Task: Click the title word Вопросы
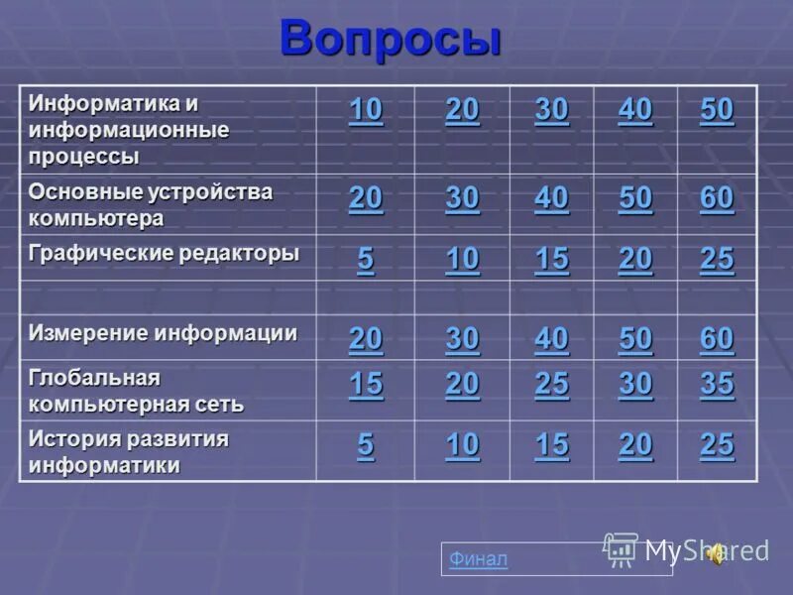(390, 39)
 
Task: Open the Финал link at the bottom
(478, 559)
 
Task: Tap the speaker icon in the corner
(715, 554)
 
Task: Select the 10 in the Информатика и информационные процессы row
(365, 110)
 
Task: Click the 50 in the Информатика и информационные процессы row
(717, 110)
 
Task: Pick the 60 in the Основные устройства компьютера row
(717, 199)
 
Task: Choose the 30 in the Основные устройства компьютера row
(462, 199)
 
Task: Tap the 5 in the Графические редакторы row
(366, 260)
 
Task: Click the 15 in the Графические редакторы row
(551, 260)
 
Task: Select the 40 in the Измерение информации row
(551, 339)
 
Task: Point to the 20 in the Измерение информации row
(365, 339)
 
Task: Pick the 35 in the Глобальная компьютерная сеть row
(717, 384)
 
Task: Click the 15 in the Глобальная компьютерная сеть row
(365, 384)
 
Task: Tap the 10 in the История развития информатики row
(462, 446)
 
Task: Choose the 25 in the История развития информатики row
(717, 446)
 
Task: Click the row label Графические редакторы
(164, 253)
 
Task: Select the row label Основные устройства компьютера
(151, 202)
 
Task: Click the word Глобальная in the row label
(94, 378)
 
